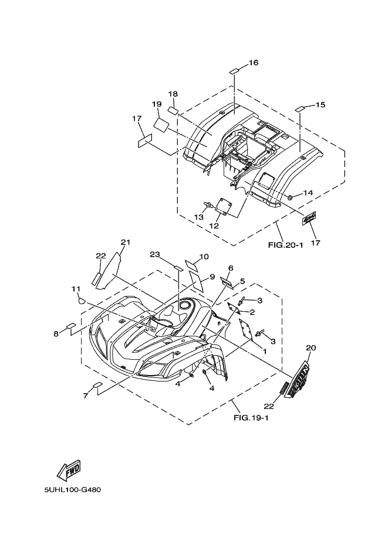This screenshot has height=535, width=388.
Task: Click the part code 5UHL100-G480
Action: [x=72, y=490]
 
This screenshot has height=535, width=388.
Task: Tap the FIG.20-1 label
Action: [x=285, y=244]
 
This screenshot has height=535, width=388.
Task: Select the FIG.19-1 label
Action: [x=251, y=418]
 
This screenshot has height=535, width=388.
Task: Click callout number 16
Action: [x=254, y=63]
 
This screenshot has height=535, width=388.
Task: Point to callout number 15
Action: [x=320, y=104]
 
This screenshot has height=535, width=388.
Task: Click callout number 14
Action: [x=308, y=193]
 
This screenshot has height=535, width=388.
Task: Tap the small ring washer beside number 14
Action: [x=290, y=197]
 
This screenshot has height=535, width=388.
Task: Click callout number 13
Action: [x=198, y=217]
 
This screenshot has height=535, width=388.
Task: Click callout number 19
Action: [x=157, y=104]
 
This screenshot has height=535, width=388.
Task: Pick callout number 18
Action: [x=173, y=94]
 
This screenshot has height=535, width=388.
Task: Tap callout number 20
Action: [x=311, y=347]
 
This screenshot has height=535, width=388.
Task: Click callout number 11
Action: [x=76, y=289]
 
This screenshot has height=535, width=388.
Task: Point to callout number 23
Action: [x=155, y=254]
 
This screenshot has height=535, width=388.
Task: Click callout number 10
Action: [x=204, y=257]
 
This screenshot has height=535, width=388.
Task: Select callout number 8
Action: [x=56, y=333]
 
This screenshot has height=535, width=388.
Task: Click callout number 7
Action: [x=86, y=396]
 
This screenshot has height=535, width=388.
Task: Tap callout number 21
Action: [x=126, y=242]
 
